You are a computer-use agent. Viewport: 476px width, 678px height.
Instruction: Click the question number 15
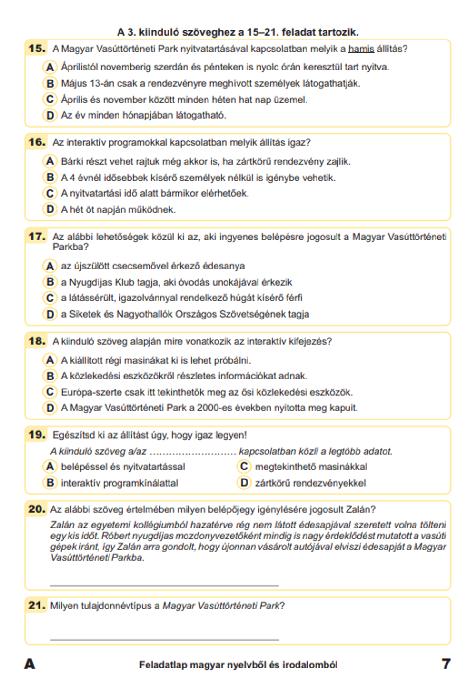point(37,49)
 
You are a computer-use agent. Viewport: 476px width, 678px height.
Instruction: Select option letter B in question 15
point(50,83)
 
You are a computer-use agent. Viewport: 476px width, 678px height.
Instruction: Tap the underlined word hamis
point(361,49)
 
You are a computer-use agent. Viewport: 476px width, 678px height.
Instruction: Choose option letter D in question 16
point(50,209)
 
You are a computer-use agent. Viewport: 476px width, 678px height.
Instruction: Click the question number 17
point(37,237)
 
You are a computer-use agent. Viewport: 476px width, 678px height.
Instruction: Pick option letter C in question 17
point(50,298)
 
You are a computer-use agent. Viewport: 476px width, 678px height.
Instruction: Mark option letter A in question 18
point(50,360)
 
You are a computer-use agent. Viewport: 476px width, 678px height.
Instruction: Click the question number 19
point(37,435)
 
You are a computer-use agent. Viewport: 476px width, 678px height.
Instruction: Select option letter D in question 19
point(244,483)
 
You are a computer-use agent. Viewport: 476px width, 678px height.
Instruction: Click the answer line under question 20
point(164,584)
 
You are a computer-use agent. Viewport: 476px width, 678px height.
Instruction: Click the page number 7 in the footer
point(446,664)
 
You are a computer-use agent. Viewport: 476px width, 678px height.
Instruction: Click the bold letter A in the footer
point(30,664)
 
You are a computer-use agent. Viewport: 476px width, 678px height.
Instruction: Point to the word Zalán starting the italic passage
point(62,525)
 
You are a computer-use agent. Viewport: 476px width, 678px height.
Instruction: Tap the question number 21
point(37,606)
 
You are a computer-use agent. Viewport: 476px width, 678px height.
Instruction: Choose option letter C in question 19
point(244,467)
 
